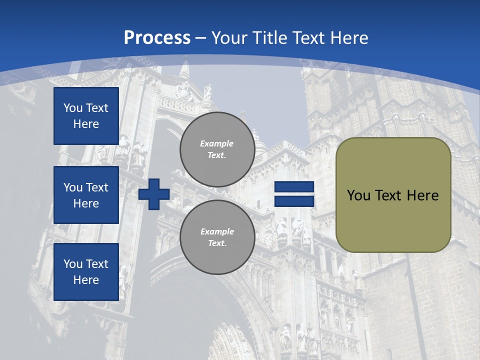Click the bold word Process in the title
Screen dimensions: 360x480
click(157, 38)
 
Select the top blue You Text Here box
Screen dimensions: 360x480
click(86, 116)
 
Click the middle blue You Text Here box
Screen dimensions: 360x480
click(86, 195)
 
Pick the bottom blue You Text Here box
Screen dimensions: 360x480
click(86, 272)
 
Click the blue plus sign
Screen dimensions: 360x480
click(154, 194)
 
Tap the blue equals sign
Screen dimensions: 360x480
click(294, 194)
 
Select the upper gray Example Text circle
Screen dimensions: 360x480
click(217, 149)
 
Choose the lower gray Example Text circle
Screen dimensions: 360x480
click(217, 237)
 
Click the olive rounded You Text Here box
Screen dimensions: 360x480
click(393, 195)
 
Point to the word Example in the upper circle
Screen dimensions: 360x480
click(217, 143)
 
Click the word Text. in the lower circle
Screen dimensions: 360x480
click(217, 243)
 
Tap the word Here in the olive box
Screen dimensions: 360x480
click(422, 195)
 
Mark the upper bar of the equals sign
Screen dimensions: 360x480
click(294, 187)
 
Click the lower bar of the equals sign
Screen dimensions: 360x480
click(294, 201)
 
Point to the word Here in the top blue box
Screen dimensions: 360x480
click(86, 124)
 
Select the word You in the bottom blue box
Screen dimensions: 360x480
click(73, 264)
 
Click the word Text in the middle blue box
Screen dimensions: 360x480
click(97, 187)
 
